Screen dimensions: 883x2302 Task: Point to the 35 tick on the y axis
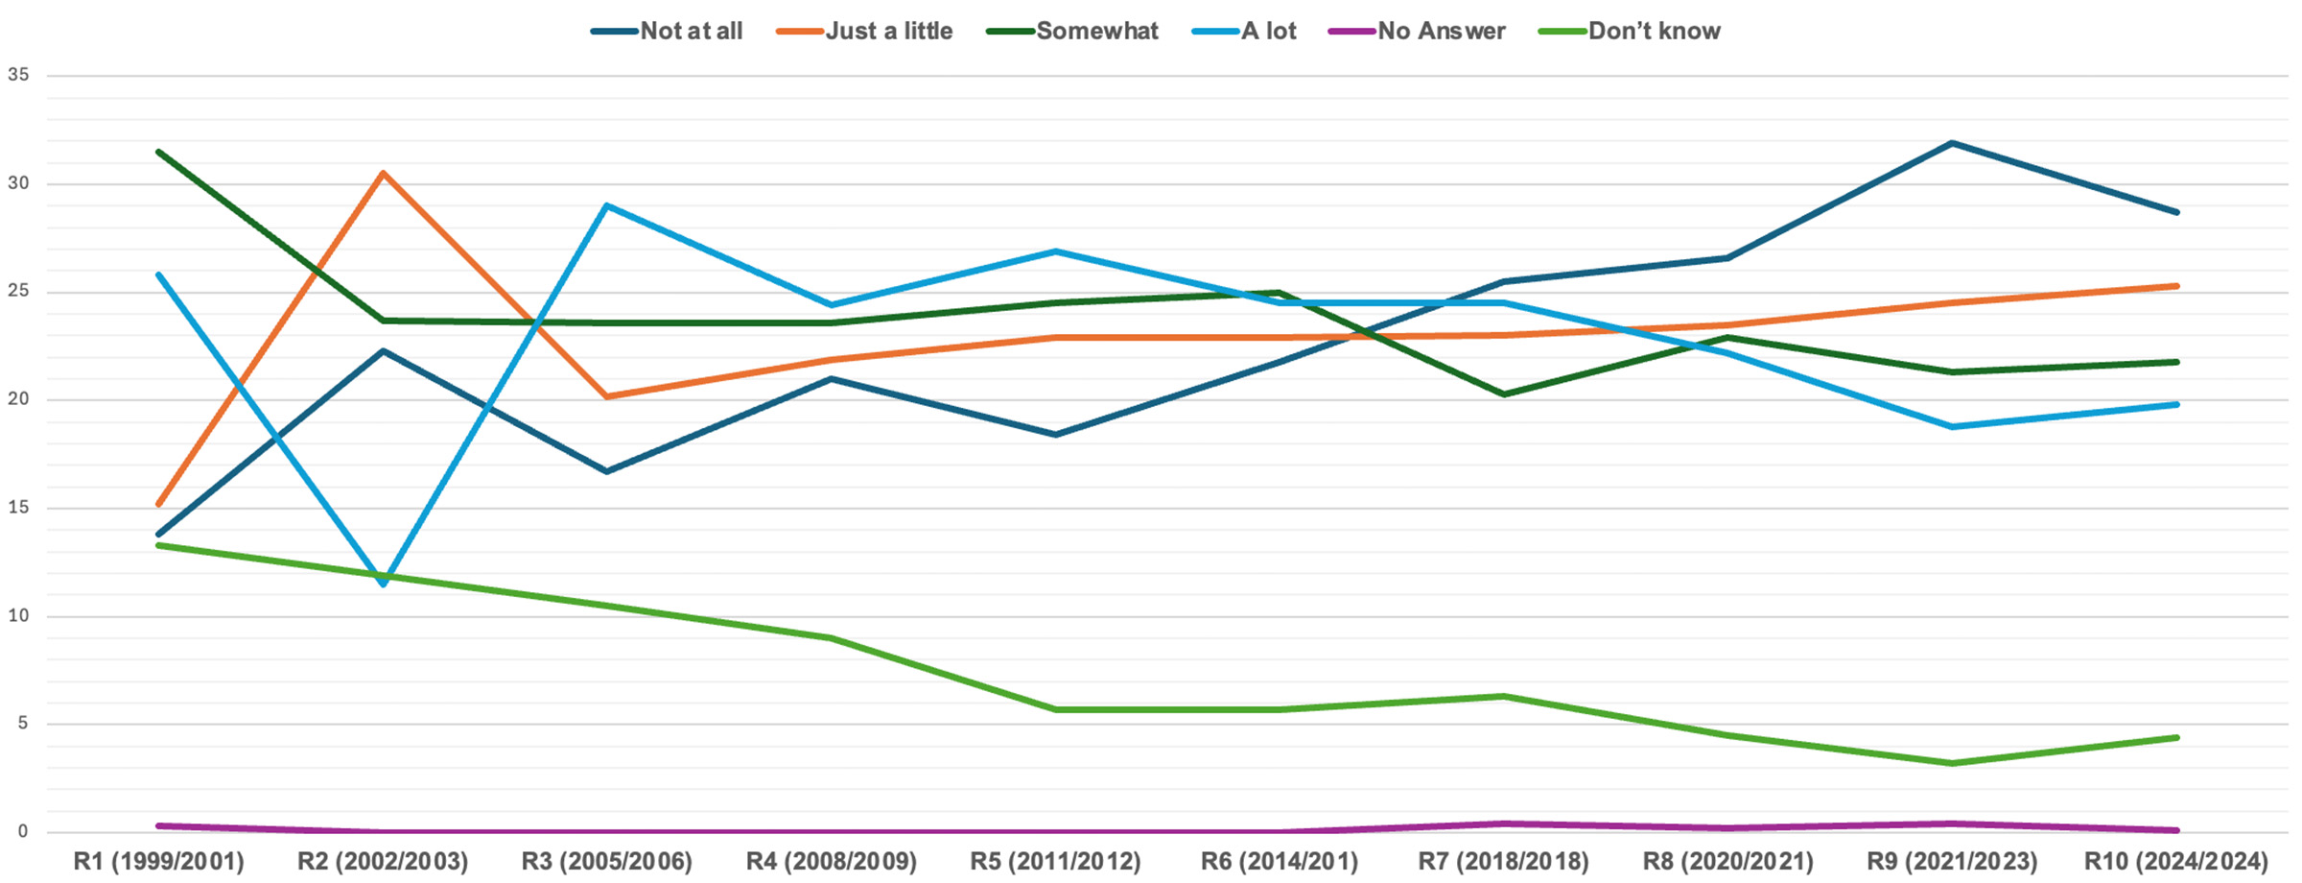coord(18,75)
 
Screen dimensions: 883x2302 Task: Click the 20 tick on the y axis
coord(18,399)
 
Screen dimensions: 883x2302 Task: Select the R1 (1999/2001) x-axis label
coord(158,861)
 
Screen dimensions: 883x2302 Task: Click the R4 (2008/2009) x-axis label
coord(832,861)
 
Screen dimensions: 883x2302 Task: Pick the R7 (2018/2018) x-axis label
coord(1503,861)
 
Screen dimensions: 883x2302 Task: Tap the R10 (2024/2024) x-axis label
coord(2175,861)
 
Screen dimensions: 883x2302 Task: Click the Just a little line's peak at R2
coord(383,173)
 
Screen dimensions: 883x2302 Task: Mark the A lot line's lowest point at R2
coord(383,584)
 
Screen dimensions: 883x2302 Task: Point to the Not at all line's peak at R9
coord(1952,143)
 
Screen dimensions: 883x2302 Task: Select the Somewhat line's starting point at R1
coord(158,152)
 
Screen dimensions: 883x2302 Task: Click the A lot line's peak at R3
coord(607,205)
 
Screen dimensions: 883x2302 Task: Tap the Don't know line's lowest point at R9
coord(1952,763)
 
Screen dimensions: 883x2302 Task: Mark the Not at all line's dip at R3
coord(607,471)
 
